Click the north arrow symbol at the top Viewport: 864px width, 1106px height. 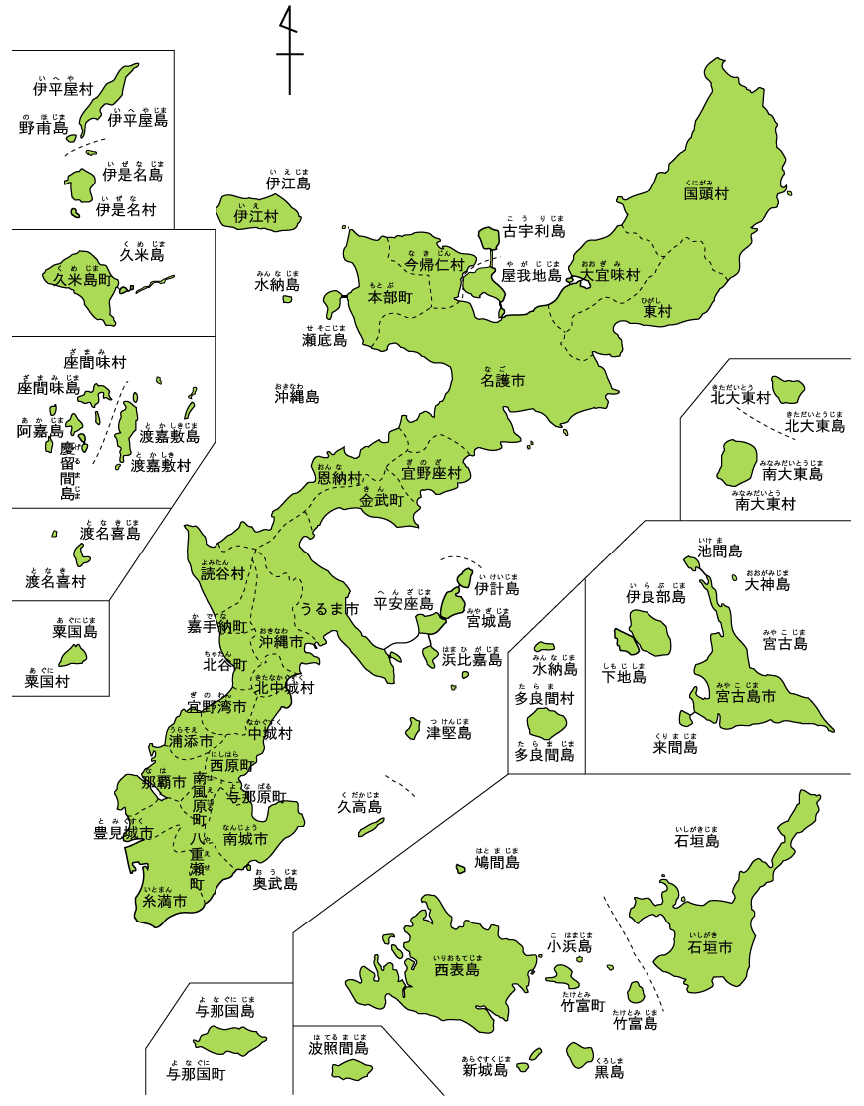[289, 50]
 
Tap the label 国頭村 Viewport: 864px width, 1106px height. [706, 194]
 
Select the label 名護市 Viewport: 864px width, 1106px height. [503, 380]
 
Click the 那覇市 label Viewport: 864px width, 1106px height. [164, 783]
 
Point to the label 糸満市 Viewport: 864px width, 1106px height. [165, 901]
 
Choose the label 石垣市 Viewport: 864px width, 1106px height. [710, 947]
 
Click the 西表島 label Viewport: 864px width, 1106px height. [457, 969]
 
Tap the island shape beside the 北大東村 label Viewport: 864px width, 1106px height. [790, 388]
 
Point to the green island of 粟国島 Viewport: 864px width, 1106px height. [73, 656]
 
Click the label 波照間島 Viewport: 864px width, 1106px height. [339, 1048]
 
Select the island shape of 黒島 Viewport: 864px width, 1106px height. [580, 1054]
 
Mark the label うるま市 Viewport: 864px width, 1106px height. [330, 609]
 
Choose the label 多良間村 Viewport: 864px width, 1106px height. [544, 699]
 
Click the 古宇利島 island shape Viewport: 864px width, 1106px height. [488, 238]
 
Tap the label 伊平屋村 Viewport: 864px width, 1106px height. [63, 90]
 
